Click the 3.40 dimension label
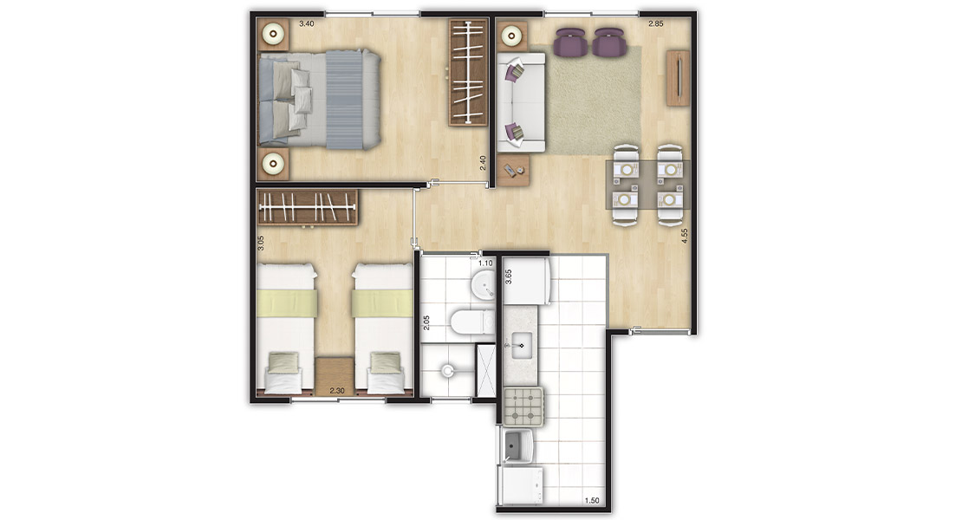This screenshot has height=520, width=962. click(x=306, y=24)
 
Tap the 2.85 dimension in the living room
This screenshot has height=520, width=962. click(x=656, y=24)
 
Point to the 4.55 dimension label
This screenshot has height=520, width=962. click(x=685, y=236)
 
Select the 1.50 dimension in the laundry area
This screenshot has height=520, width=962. click(x=591, y=501)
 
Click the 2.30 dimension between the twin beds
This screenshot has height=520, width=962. click(x=337, y=391)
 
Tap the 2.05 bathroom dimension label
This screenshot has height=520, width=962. click(x=426, y=323)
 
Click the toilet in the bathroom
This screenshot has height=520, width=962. click(x=471, y=322)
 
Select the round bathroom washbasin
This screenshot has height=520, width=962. click(x=484, y=285)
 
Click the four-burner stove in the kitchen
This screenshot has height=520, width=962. click(x=523, y=406)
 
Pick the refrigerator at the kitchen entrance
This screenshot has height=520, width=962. click(x=526, y=281)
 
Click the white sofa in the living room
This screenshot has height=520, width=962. click(x=520, y=102)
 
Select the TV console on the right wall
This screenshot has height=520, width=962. click(x=678, y=78)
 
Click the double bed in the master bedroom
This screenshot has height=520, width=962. click(x=320, y=100)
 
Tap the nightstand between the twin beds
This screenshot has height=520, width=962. click(x=335, y=375)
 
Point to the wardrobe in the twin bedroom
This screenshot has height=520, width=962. click(x=308, y=207)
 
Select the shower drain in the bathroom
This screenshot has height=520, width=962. click(x=447, y=370)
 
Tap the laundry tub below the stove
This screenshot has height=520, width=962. click(x=517, y=445)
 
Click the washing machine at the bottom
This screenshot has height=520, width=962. click(x=521, y=485)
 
